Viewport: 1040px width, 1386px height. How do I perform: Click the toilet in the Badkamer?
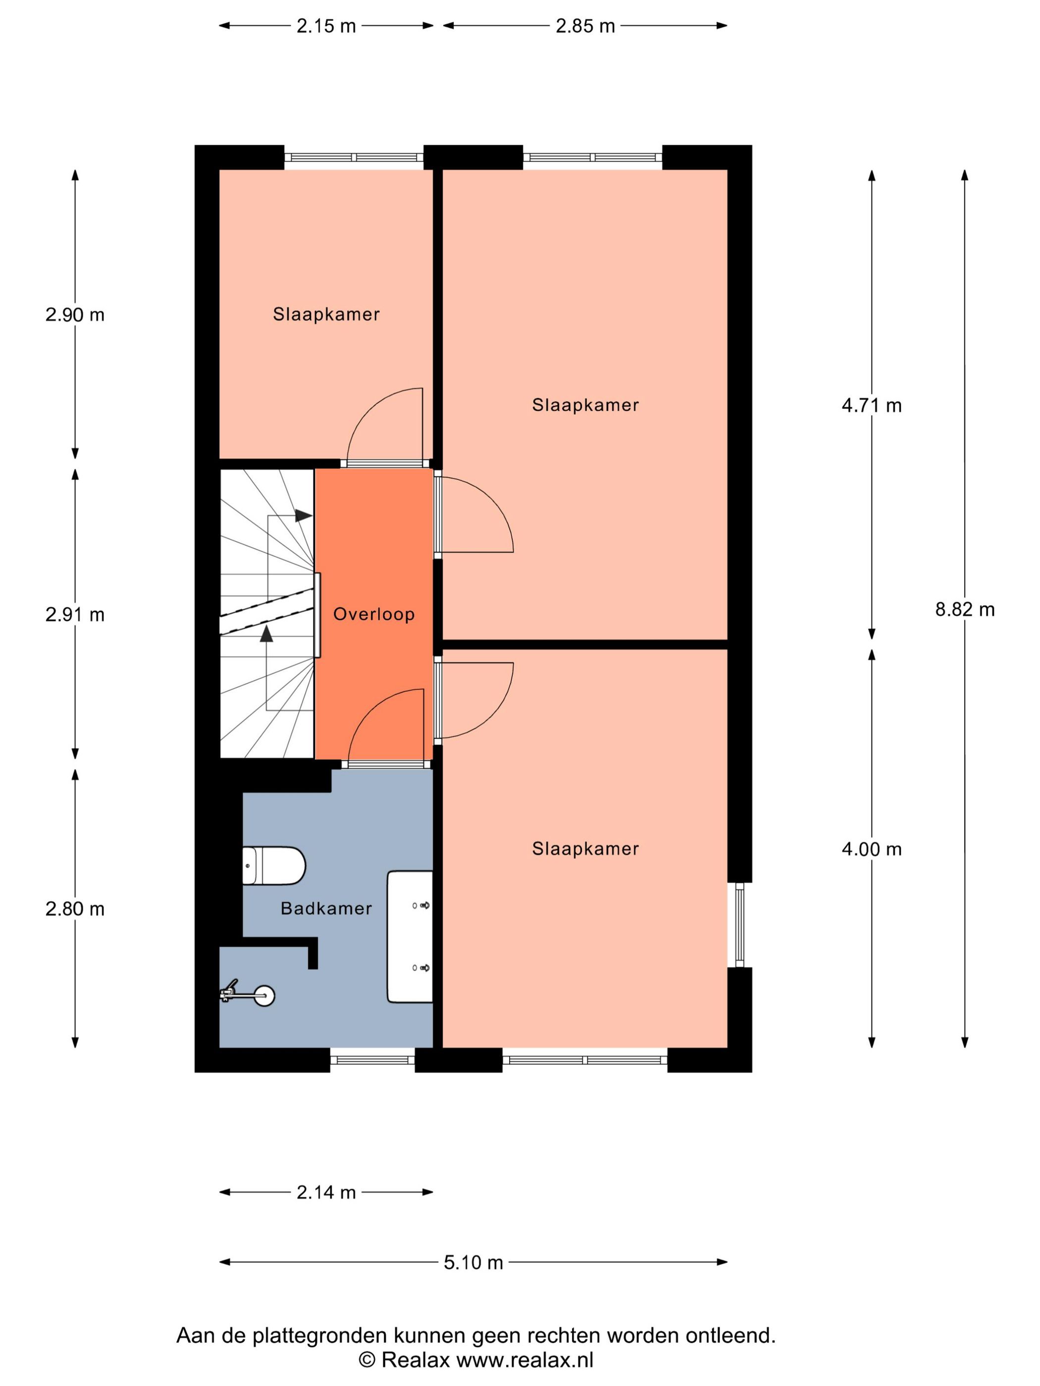tap(274, 865)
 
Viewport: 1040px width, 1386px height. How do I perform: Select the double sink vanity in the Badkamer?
tap(410, 936)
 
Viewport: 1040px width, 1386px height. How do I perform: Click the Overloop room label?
tap(373, 614)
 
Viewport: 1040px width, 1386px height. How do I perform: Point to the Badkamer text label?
tap(326, 908)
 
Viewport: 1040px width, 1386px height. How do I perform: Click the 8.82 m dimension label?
tap(964, 609)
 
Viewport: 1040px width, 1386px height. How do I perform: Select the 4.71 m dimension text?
tap(871, 405)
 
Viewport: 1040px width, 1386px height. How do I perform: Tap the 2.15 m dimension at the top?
tap(326, 26)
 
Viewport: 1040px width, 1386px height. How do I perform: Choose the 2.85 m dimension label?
tap(585, 26)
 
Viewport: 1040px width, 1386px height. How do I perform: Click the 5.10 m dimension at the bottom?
tap(473, 1262)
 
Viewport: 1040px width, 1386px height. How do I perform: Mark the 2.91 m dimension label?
tap(75, 615)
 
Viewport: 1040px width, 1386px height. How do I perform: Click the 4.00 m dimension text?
tap(871, 849)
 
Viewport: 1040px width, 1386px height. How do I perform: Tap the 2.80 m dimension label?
tap(75, 908)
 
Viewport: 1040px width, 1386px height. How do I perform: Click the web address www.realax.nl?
tap(524, 1359)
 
